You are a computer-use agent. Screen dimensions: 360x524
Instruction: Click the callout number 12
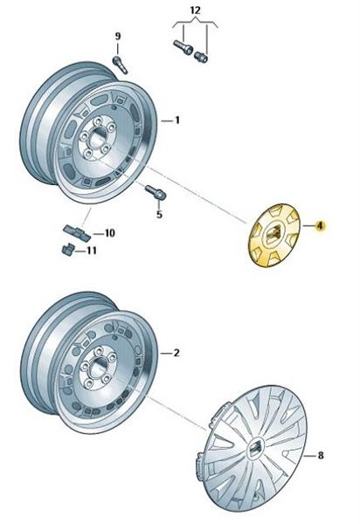(x=195, y=10)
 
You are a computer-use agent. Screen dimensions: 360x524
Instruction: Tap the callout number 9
(x=118, y=36)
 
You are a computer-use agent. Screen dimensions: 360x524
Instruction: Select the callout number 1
(x=177, y=120)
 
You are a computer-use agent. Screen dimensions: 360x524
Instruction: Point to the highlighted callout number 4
(x=320, y=226)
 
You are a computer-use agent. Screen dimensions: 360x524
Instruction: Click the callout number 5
(x=159, y=214)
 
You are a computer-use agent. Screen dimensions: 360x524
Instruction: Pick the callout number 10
(x=109, y=233)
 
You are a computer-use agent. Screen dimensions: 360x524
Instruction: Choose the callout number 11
(x=91, y=251)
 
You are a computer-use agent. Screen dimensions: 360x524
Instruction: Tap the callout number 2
(x=177, y=353)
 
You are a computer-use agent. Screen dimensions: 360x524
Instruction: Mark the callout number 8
(x=320, y=455)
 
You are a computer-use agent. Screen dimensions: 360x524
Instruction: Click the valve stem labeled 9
(x=121, y=65)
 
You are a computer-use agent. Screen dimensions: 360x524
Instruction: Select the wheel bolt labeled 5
(x=155, y=192)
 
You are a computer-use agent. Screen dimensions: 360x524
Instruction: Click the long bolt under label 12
(x=183, y=47)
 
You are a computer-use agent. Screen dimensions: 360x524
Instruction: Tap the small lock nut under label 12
(x=201, y=57)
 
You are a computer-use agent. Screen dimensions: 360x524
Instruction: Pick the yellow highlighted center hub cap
(x=274, y=235)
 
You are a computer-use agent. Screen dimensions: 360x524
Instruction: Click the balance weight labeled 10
(x=77, y=232)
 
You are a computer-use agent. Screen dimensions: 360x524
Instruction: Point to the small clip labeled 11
(x=68, y=249)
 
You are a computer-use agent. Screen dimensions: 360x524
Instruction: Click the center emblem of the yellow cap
(x=273, y=231)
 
